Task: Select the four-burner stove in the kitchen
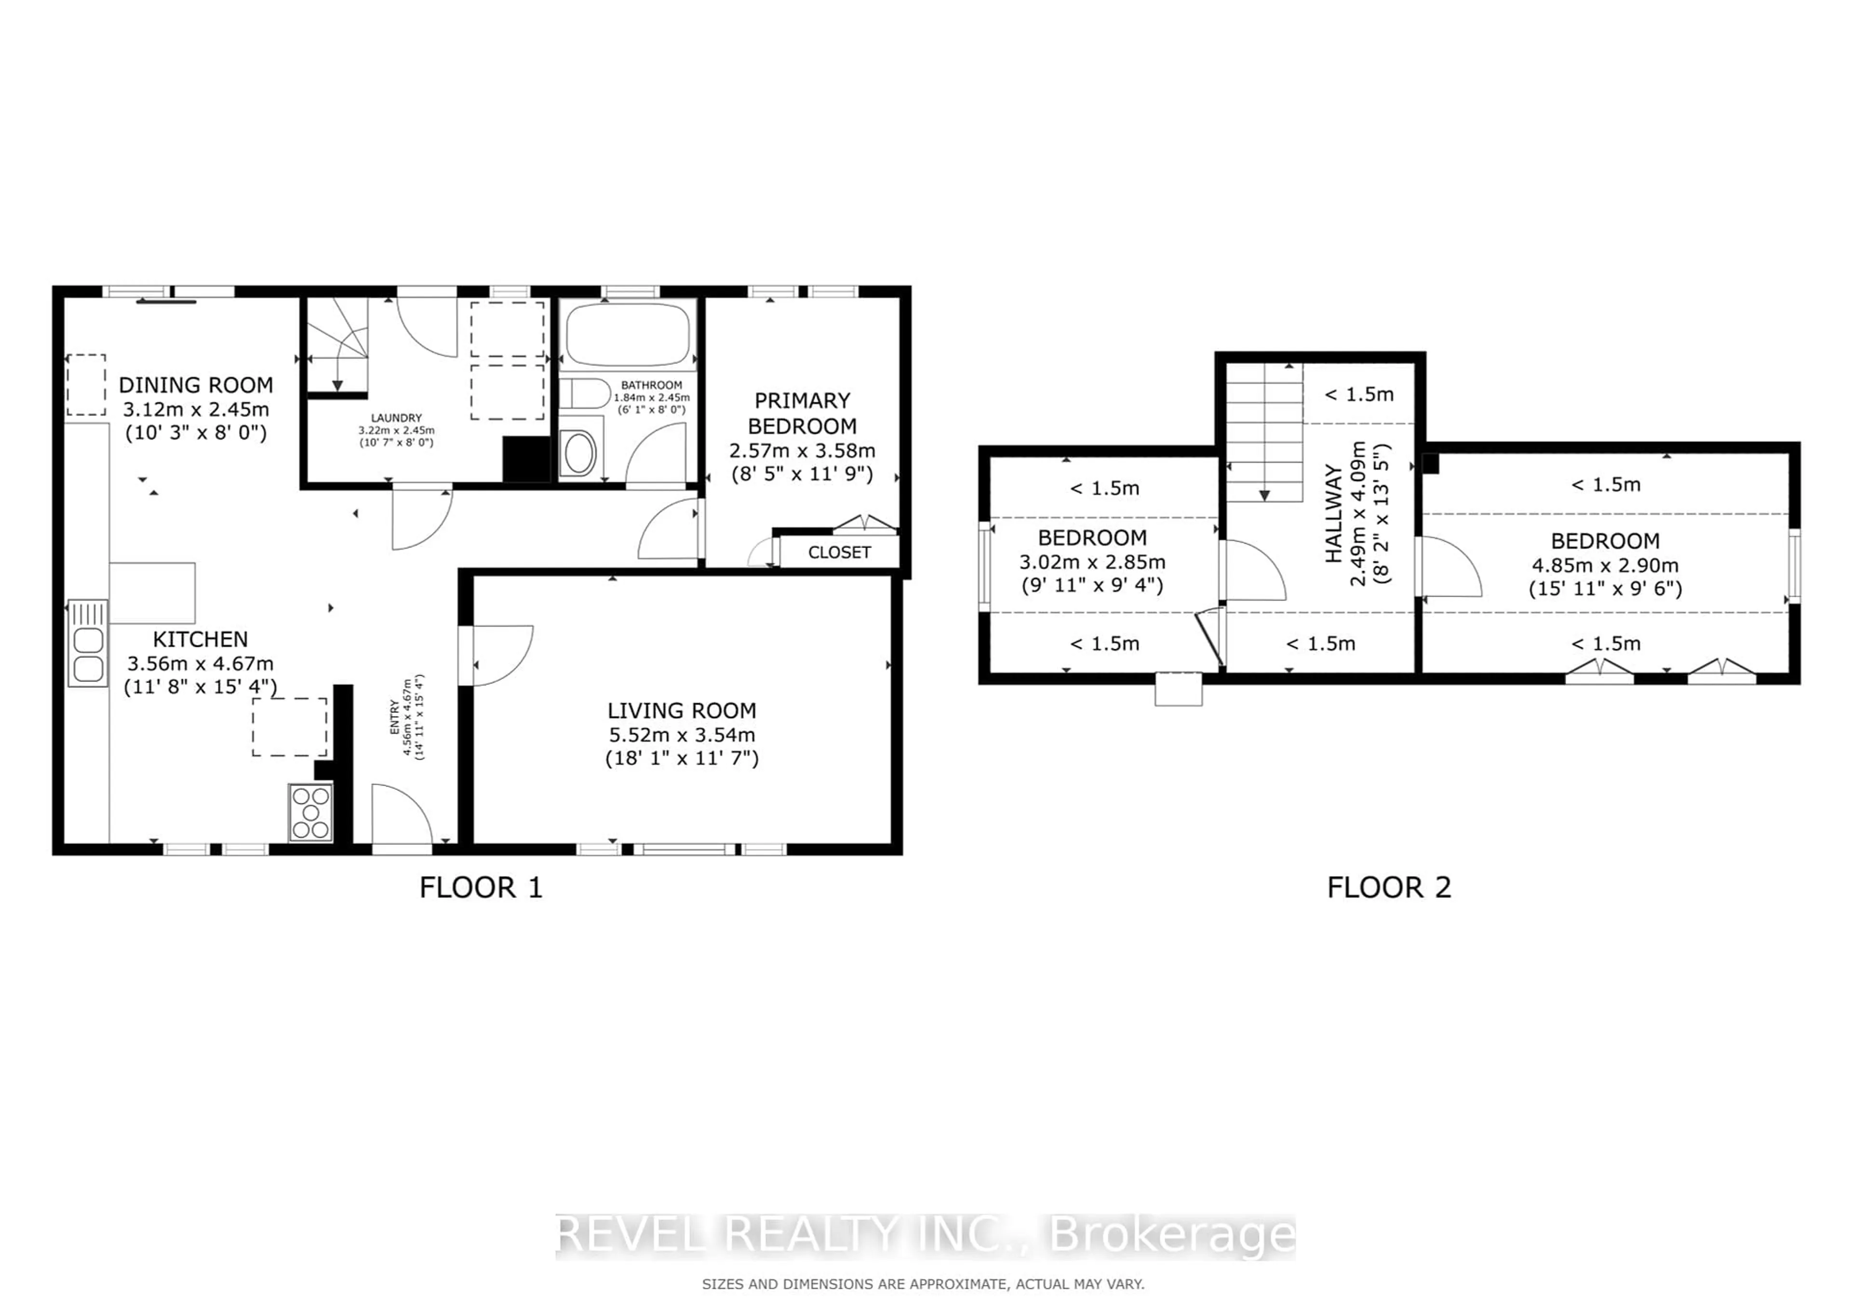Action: point(310,813)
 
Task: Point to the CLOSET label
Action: point(839,552)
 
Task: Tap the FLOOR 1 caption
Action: point(481,887)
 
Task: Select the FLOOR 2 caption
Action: point(1389,887)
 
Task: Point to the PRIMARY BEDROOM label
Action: point(802,413)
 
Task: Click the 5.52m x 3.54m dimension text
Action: point(682,735)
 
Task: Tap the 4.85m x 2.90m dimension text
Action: point(1605,565)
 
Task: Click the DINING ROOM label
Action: point(196,385)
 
